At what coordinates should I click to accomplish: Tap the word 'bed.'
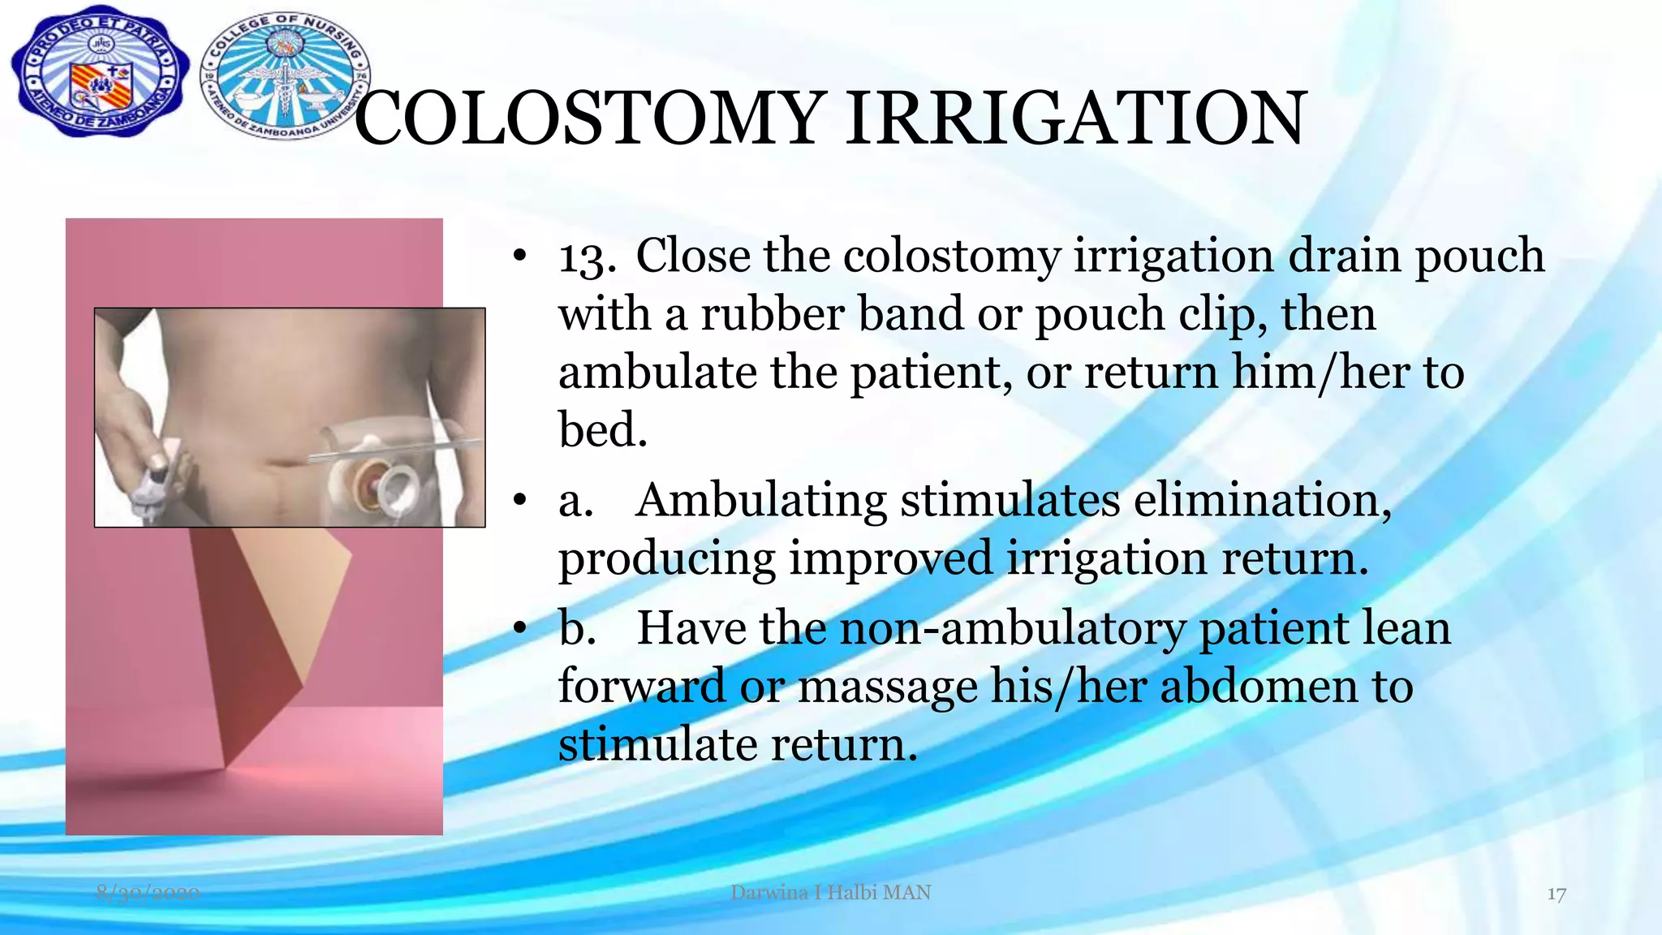coord(603,429)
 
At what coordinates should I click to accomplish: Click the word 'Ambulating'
coord(760,500)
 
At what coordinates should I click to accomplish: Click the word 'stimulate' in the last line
coord(657,744)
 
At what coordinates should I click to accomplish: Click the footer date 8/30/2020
coord(148,893)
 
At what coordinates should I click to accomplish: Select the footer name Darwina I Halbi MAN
coord(830,893)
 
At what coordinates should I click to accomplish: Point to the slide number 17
coord(1556,894)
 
